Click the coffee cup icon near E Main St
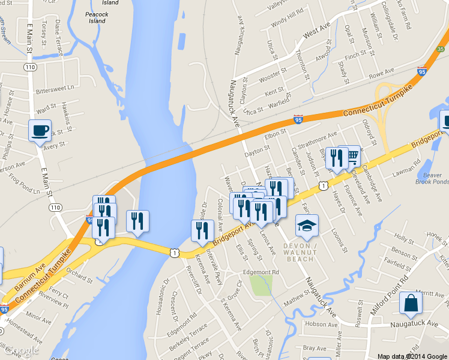(x=40, y=130)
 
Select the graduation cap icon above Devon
(x=307, y=226)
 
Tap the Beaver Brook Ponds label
(x=432, y=178)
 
